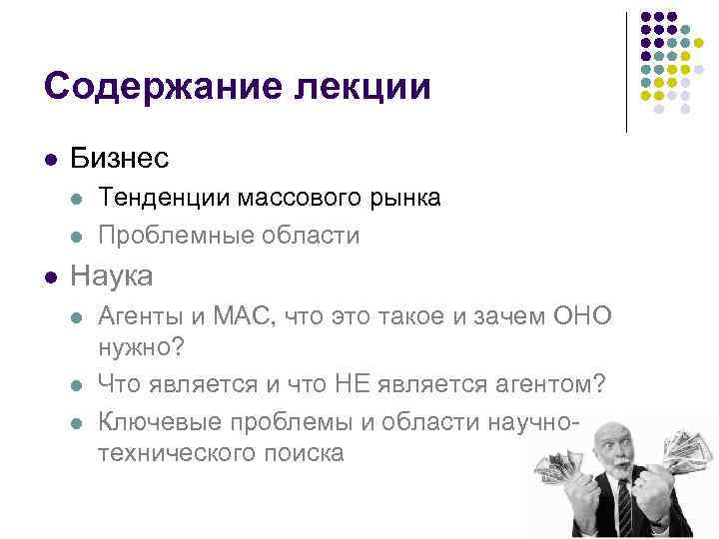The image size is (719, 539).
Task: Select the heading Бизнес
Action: click(120, 158)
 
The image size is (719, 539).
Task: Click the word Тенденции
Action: click(162, 198)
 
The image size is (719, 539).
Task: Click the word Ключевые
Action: click(160, 419)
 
